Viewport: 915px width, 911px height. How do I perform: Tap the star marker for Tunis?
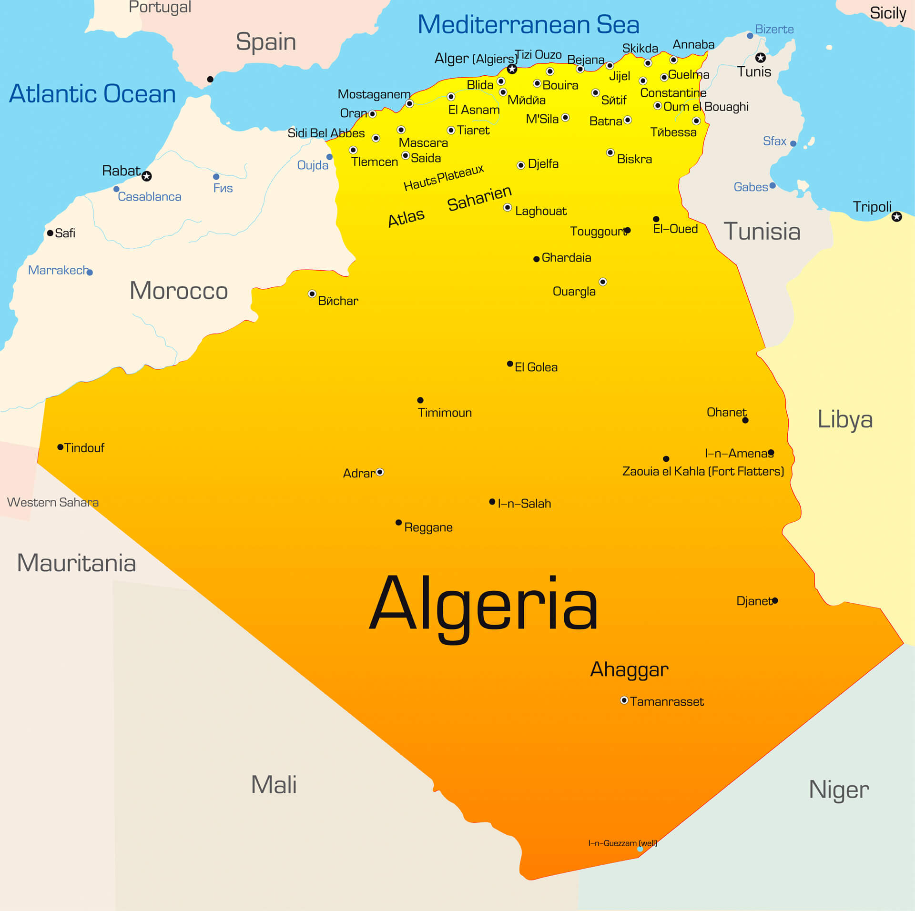tap(761, 58)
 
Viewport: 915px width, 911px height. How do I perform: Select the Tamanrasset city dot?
tap(624, 700)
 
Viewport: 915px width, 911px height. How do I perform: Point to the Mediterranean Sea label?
tap(528, 25)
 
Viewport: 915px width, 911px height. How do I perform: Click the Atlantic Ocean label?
tap(92, 93)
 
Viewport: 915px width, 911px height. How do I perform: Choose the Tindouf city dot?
tap(61, 447)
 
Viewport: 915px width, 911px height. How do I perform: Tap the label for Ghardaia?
tap(566, 258)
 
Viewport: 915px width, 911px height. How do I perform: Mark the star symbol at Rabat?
tap(147, 176)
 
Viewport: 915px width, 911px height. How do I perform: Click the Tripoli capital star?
tap(896, 217)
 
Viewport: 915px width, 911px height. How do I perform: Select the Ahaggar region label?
tap(629, 669)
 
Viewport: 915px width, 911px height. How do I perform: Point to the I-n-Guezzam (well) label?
tap(622, 843)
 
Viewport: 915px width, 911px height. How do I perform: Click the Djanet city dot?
tap(775, 600)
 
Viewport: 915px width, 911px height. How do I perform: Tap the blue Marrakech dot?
tap(90, 273)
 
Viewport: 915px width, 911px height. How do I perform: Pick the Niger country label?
tap(839, 790)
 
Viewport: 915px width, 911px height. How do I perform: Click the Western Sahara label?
tap(53, 502)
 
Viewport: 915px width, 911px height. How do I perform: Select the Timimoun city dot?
tap(420, 400)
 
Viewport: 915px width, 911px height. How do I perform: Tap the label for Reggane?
tap(428, 527)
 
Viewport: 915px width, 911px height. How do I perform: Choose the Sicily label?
tap(887, 13)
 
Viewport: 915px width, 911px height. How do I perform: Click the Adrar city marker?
tap(380, 472)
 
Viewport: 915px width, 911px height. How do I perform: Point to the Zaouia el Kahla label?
tap(702, 471)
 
